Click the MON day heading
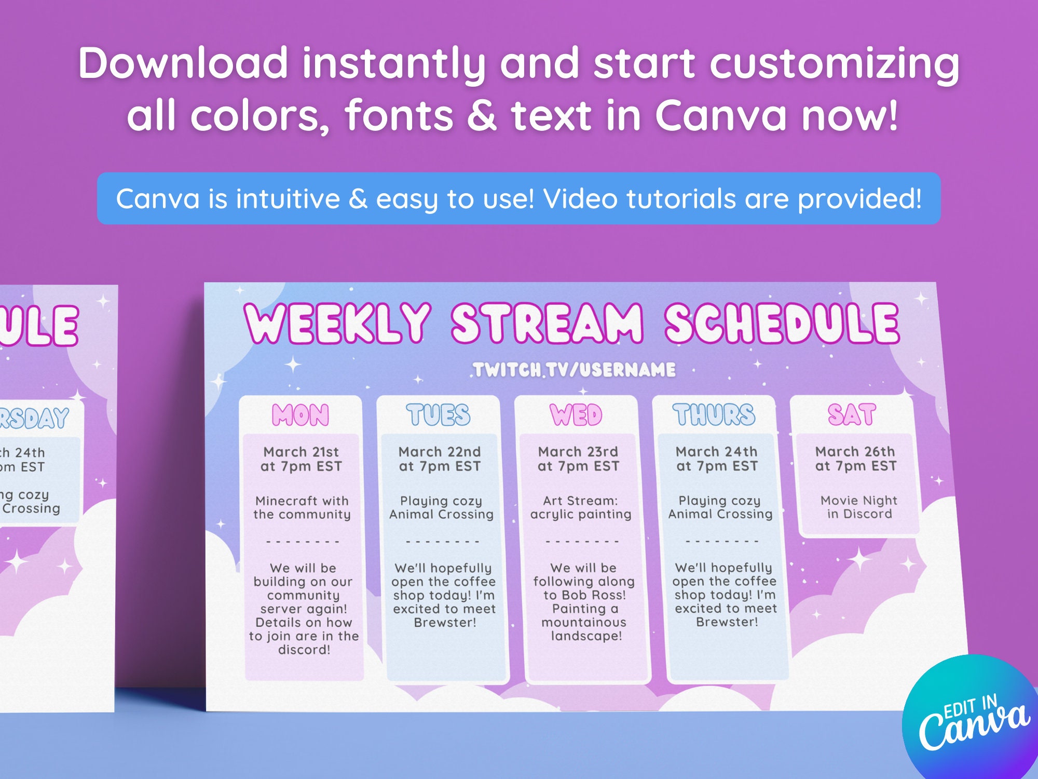click(x=301, y=415)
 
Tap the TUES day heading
click(x=439, y=415)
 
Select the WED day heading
click(x=576, y=415)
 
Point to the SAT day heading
click(x=852, y=414)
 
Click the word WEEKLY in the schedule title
click(x=337, y=323)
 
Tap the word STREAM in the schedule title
click(x=548, y=323)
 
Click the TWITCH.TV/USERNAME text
click(x=575, y=370)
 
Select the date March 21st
click(x=301, y=452)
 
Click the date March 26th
click(x=855, y=451)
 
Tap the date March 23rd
click(x=578, y=452)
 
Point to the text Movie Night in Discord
click(x=859, y=507)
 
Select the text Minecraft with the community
click(x=302, y=507)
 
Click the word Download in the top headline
click(x=183, y=63)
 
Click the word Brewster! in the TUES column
click(x=445, y=623)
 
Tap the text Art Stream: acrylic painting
click(x=581, y=507)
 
